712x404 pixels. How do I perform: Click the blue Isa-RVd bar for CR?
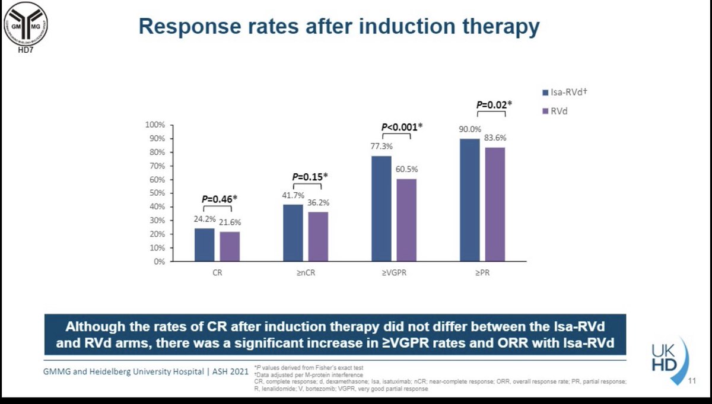204,244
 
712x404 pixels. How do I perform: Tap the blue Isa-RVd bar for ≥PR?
469,199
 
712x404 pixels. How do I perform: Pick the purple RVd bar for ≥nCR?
317,236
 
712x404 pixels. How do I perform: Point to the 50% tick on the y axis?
155,193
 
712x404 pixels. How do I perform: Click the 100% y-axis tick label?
154,125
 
